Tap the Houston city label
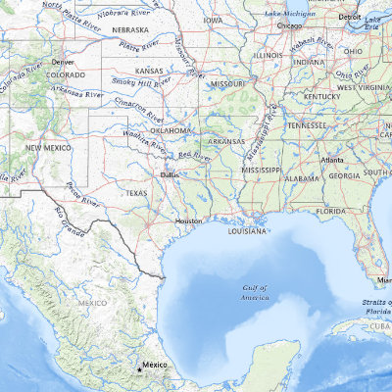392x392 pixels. (x=188, y=221)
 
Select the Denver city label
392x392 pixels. (x=64, y=61)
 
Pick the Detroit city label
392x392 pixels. (x=349, y=18)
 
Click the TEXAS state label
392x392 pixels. (x=136, y=194)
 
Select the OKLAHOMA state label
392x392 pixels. (x=171, y=130)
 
